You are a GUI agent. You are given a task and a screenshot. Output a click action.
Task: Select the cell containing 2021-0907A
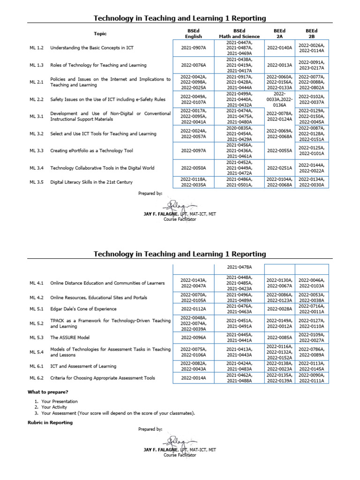pyautogui.click(x=193, y=48)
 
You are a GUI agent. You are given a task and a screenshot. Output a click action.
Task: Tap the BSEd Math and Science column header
pyautogui.click(x=239, y=34)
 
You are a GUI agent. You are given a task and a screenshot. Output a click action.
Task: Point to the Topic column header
pyautogui.click(x=100, y=34)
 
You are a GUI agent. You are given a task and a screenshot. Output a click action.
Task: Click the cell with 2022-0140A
pyautogui.click(x=279, y=48)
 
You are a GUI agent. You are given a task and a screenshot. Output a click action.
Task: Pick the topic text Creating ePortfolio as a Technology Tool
pyautogui.click(x=91, y=151)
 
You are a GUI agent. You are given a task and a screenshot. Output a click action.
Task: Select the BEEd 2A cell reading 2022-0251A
pyautogui.click(x=279, y=168)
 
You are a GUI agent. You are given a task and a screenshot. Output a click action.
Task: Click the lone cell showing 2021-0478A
pyautogui.click(x=239, y=268)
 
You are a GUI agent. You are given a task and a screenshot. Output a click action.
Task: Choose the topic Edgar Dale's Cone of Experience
pyautogui.click(x=83, y=309)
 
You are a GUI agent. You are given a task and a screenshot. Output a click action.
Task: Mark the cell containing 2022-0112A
pyautogui.click(x=193, y=309)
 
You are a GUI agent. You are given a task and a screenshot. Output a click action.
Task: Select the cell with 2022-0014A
pyautogui.click(x=193, y=378)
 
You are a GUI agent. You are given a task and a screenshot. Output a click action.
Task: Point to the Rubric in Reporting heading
pyautogui.click(x=50, y=422)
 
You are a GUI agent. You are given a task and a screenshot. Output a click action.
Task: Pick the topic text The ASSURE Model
pyautogui.click(x=70, y=337)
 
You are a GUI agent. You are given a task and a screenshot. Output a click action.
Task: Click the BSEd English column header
pyautogui.click(x=193, y=34)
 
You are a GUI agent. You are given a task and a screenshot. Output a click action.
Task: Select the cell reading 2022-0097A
pyautogui.click(x=193, y=151)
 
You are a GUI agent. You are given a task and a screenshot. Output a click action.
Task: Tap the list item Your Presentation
pyautogui.click(x=60, y=401)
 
